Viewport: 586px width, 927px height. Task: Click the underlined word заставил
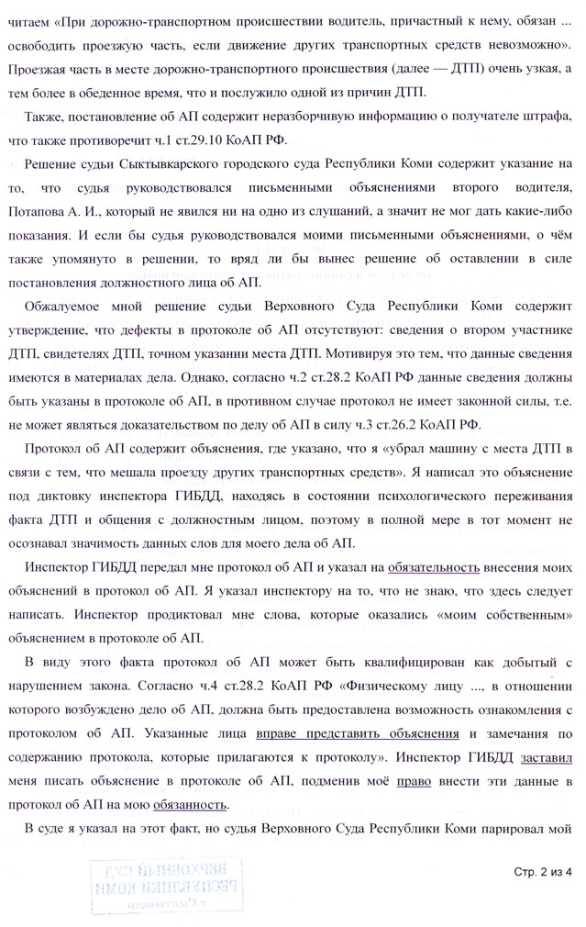click(547, 759)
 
